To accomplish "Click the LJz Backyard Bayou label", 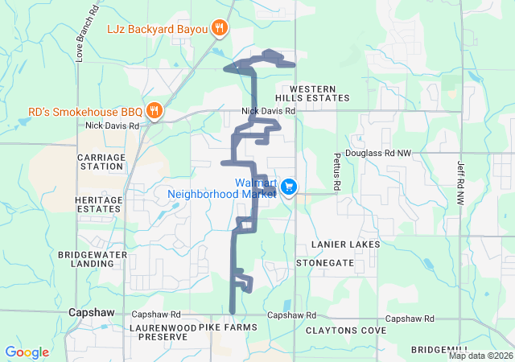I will [157, 29].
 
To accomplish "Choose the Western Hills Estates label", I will [319, 93].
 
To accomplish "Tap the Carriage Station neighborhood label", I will [101, 162].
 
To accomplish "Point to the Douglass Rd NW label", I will [377, 152].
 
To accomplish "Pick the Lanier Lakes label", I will [344, 243].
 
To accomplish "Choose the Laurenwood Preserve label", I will [158, 332].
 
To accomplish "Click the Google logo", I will [27, 352].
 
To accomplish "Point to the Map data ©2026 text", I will [480, 356].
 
